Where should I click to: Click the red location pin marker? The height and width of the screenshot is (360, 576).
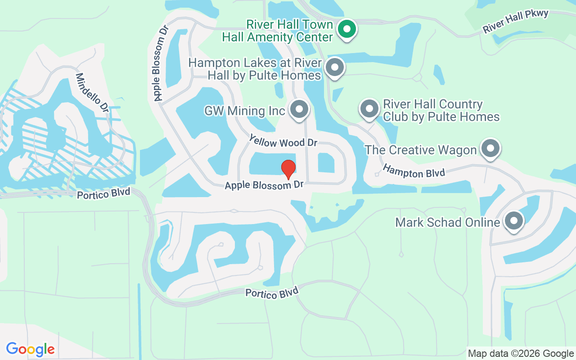[288, 169]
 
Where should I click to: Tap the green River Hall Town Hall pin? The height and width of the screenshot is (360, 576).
[347, 30]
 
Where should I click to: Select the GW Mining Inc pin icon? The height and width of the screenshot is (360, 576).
[299, 109]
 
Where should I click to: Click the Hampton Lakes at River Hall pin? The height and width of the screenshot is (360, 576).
[334, 68]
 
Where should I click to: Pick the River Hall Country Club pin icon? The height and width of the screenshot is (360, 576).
[369, 109]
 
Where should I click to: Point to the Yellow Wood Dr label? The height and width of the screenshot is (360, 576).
[283, 142]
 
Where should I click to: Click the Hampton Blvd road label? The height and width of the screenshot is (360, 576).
[414, 171]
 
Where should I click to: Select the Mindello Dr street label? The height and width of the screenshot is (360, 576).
[92, 93]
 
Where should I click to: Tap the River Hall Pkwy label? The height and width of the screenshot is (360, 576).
[516, 21]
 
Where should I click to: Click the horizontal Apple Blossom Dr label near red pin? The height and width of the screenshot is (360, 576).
[264, 185]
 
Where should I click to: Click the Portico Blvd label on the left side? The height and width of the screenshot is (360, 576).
[103, 194]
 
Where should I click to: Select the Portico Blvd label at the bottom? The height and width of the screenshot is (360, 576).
[272, 293]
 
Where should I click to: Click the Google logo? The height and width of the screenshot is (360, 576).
[30, 349]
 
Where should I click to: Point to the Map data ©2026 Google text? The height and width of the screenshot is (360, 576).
[521, 354]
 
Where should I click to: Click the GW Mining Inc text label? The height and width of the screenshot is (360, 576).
[245, 111]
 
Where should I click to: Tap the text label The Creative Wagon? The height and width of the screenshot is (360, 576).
[420, 150]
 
